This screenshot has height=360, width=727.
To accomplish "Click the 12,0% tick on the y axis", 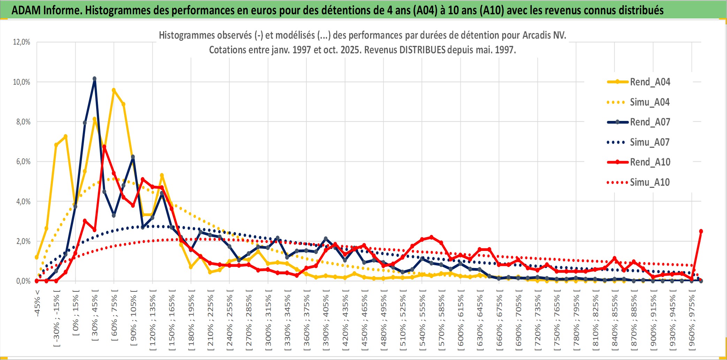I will (22, 42).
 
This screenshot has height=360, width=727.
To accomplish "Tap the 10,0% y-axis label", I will (22, 82).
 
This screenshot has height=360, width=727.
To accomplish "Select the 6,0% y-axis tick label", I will (23, 162).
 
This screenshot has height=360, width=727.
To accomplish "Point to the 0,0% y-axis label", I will (23, 281).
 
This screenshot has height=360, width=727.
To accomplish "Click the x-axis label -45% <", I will (37, 303).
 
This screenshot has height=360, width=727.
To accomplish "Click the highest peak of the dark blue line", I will (94, 79).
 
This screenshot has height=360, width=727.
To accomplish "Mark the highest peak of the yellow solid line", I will (114, 90).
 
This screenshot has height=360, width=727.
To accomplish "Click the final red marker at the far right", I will (701, 231).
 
